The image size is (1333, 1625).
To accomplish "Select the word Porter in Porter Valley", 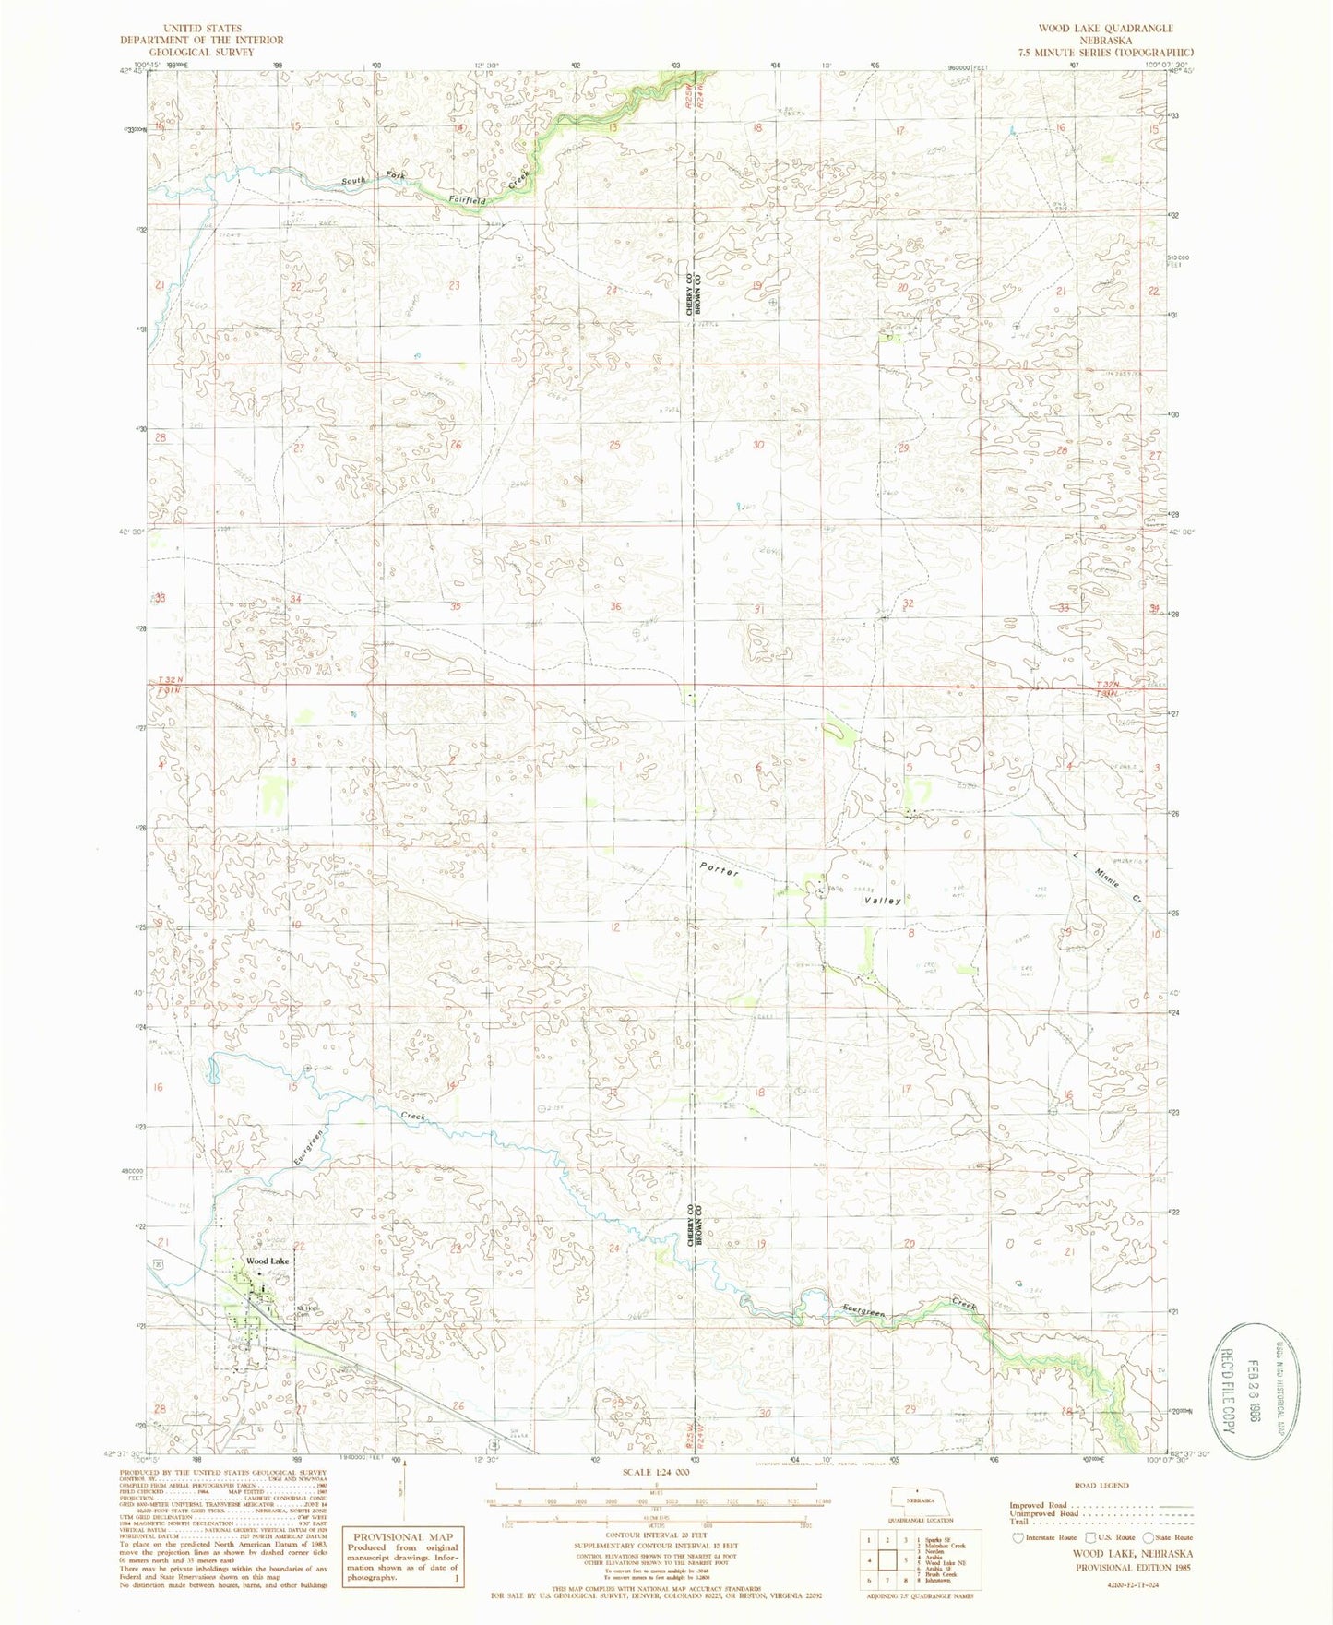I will coord(720,869).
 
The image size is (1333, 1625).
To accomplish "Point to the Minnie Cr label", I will coord(1107,878).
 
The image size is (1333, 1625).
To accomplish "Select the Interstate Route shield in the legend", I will coord(1018,1537).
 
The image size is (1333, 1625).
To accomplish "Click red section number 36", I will coord(616,606).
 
